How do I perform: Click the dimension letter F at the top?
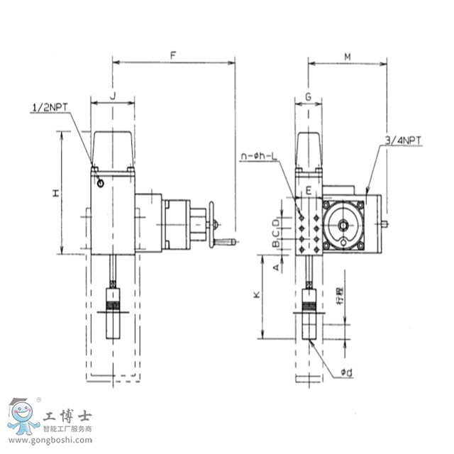[x=173, y=54]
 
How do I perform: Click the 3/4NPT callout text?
[x=402, y=141]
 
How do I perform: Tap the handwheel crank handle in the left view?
[x=226, y=243]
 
